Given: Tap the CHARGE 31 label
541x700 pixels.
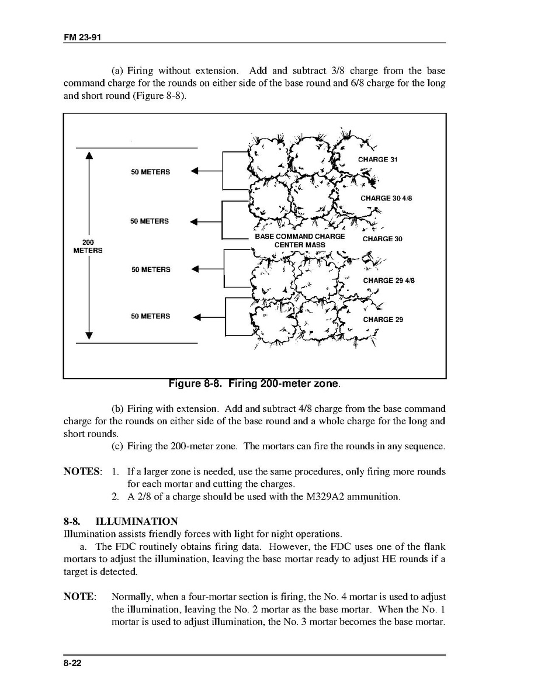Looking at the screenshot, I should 377,160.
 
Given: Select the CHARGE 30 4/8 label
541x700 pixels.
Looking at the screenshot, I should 386,199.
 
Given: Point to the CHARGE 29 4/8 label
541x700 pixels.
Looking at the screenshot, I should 389,280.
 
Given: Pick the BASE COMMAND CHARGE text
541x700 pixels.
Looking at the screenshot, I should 300,237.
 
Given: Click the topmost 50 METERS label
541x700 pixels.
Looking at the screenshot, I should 150,172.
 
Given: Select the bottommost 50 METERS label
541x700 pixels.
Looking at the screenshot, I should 150,316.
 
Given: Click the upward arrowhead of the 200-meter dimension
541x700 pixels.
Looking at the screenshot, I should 89,156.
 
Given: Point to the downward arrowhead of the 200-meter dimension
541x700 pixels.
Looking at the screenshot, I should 89,335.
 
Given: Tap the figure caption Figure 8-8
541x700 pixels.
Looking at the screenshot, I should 254,384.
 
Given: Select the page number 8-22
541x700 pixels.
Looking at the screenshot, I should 72,663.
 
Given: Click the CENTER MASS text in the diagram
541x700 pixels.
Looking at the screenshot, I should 300,245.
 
